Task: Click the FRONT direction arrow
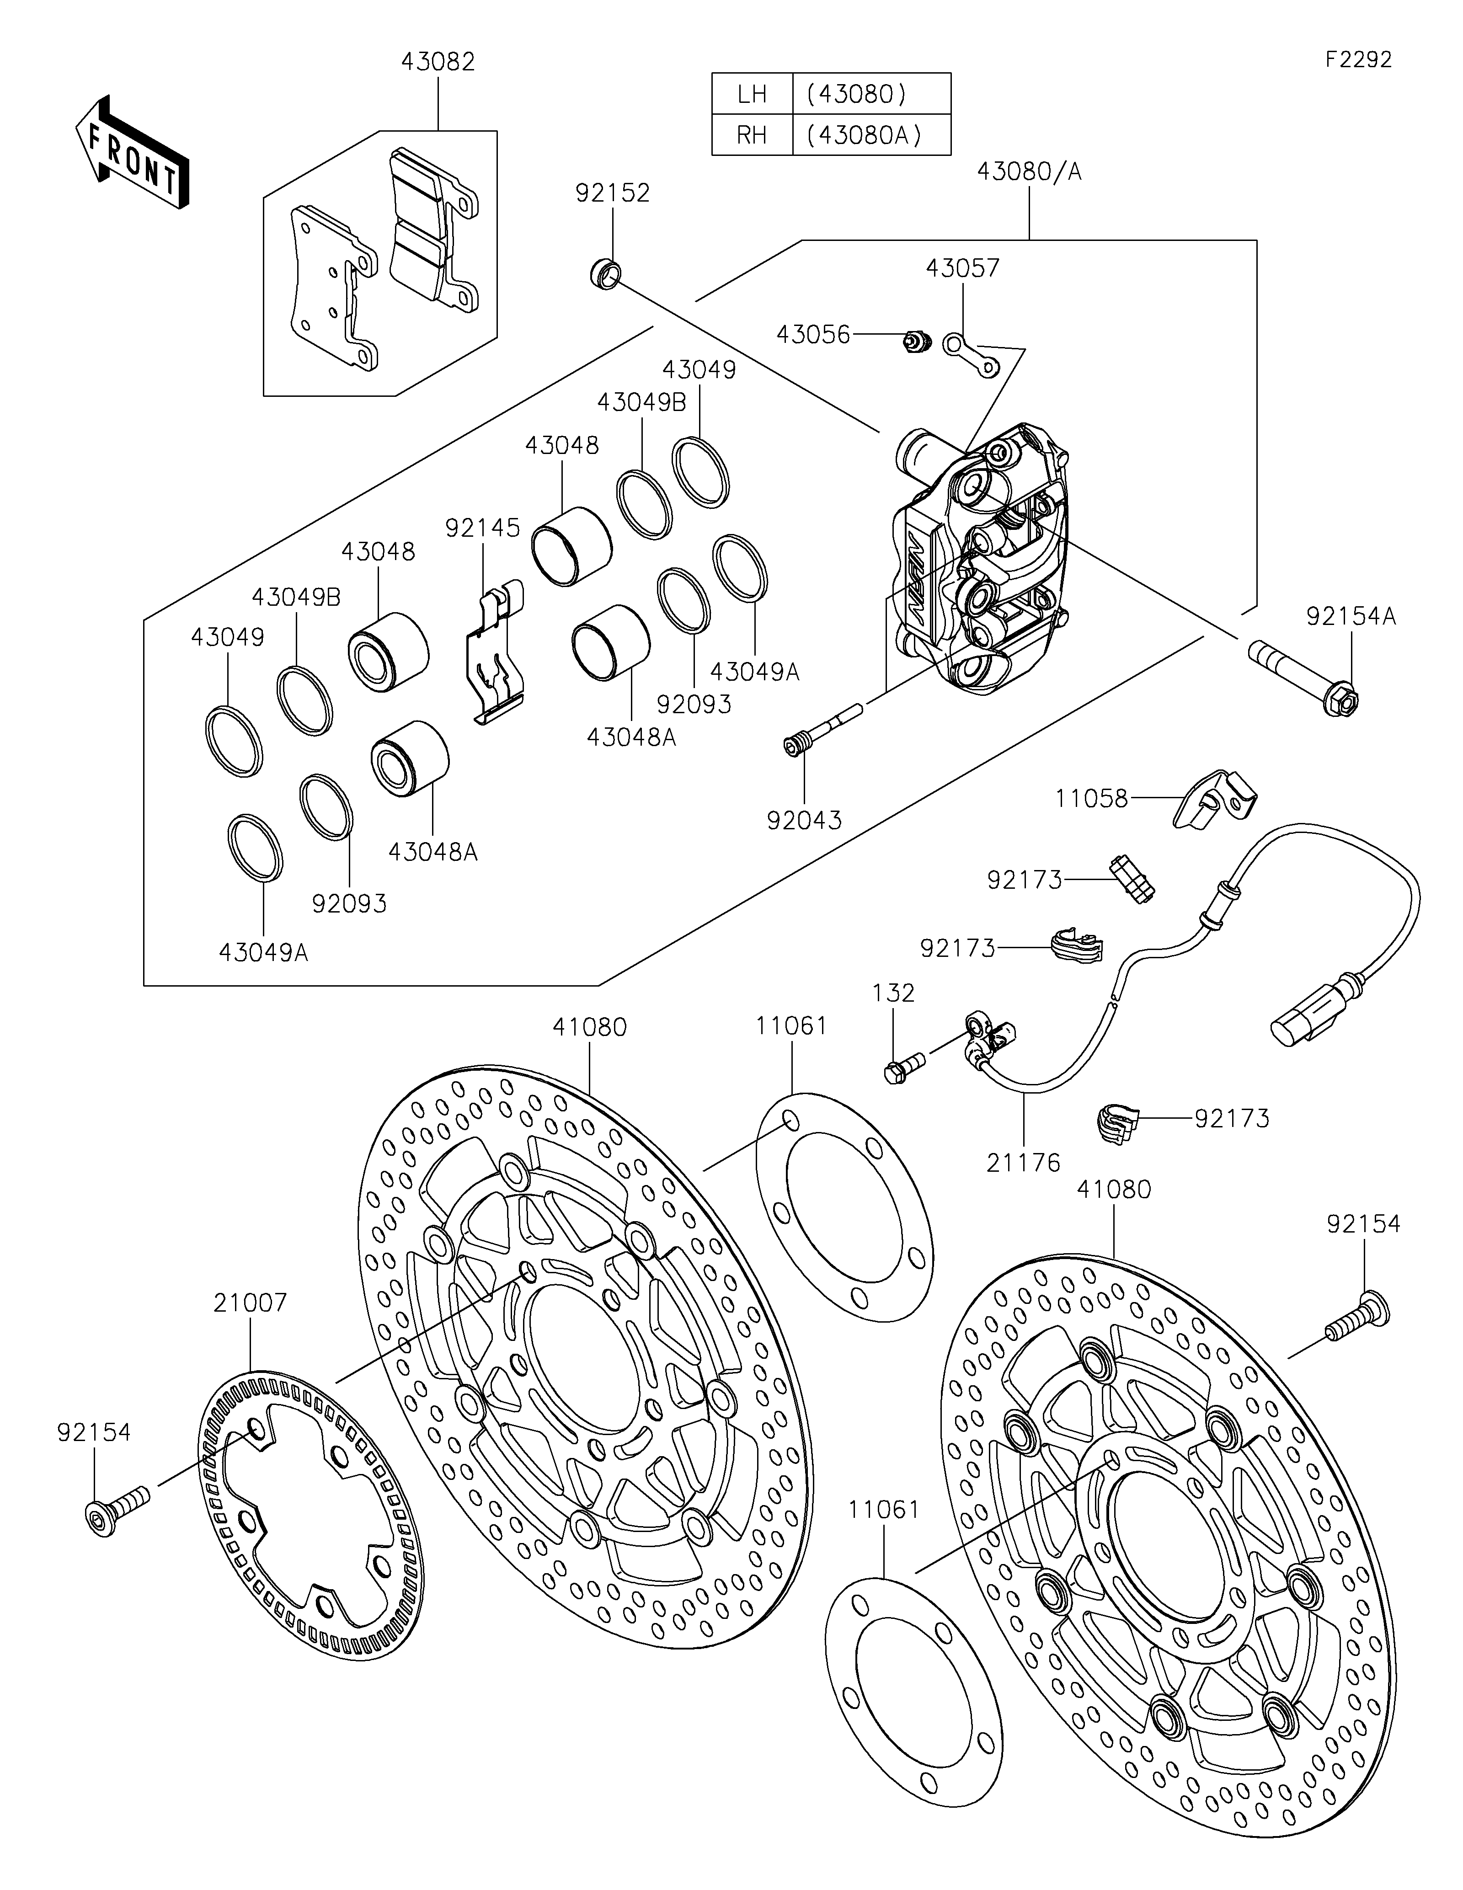(x=132, y=152)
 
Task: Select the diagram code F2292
(x=1358, y=60)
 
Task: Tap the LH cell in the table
(x=752, y=93)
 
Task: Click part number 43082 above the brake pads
(x=438, y=62)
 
